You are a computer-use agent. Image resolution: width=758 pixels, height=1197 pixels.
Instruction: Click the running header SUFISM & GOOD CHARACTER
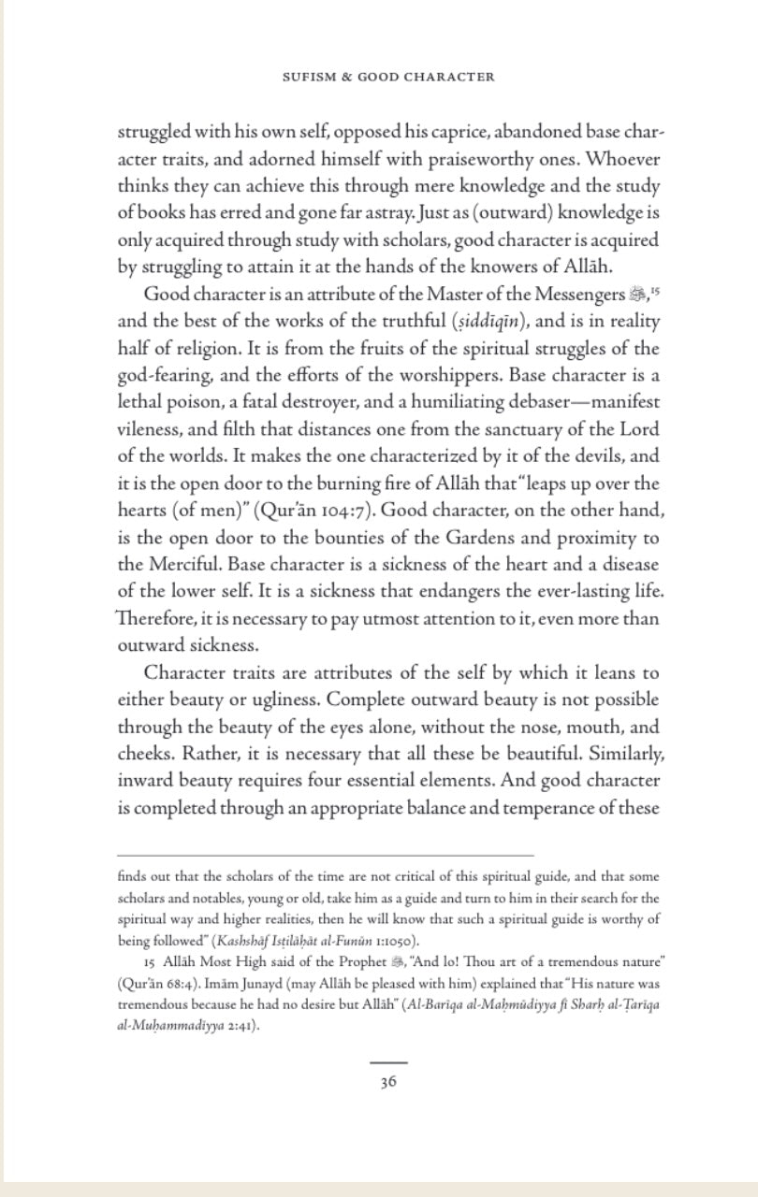click(388, 77)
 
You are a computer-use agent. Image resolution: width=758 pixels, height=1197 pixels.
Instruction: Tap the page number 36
click(388, 1082)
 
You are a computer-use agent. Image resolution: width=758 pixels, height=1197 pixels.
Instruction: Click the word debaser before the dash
click(527, 402)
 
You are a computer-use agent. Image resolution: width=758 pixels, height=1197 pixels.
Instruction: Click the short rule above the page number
click(388, 1062)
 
